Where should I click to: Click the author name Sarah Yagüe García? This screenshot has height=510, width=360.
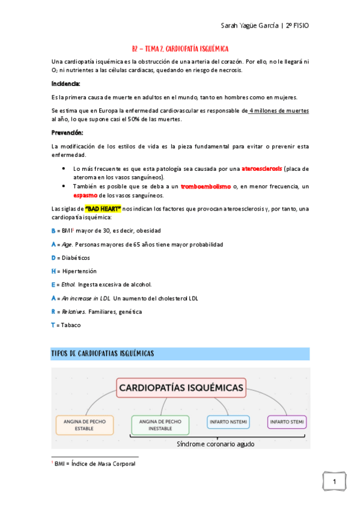tap(248, 27)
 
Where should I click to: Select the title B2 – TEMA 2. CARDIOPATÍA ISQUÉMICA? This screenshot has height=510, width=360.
tap(180, 48)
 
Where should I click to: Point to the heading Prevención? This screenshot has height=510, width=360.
tap(67, 132)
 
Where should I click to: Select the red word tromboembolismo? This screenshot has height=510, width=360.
tap(206, 187)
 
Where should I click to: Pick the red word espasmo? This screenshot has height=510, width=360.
tap(86, 195)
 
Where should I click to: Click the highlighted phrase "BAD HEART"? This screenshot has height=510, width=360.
tap(103, 208)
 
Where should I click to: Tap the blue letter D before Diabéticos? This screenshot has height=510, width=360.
tap(53, 258)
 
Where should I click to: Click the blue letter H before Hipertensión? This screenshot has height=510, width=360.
tap(53, 271)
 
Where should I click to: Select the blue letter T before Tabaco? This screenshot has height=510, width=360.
tap(53, 325)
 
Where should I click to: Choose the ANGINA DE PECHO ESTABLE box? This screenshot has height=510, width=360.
tap(84, 425)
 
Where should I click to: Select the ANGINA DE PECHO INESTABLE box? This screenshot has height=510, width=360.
tap(160, 425)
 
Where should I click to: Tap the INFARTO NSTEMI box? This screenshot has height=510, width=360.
tap(228, 422)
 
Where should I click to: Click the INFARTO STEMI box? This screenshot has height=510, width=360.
tap(287, 422)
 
